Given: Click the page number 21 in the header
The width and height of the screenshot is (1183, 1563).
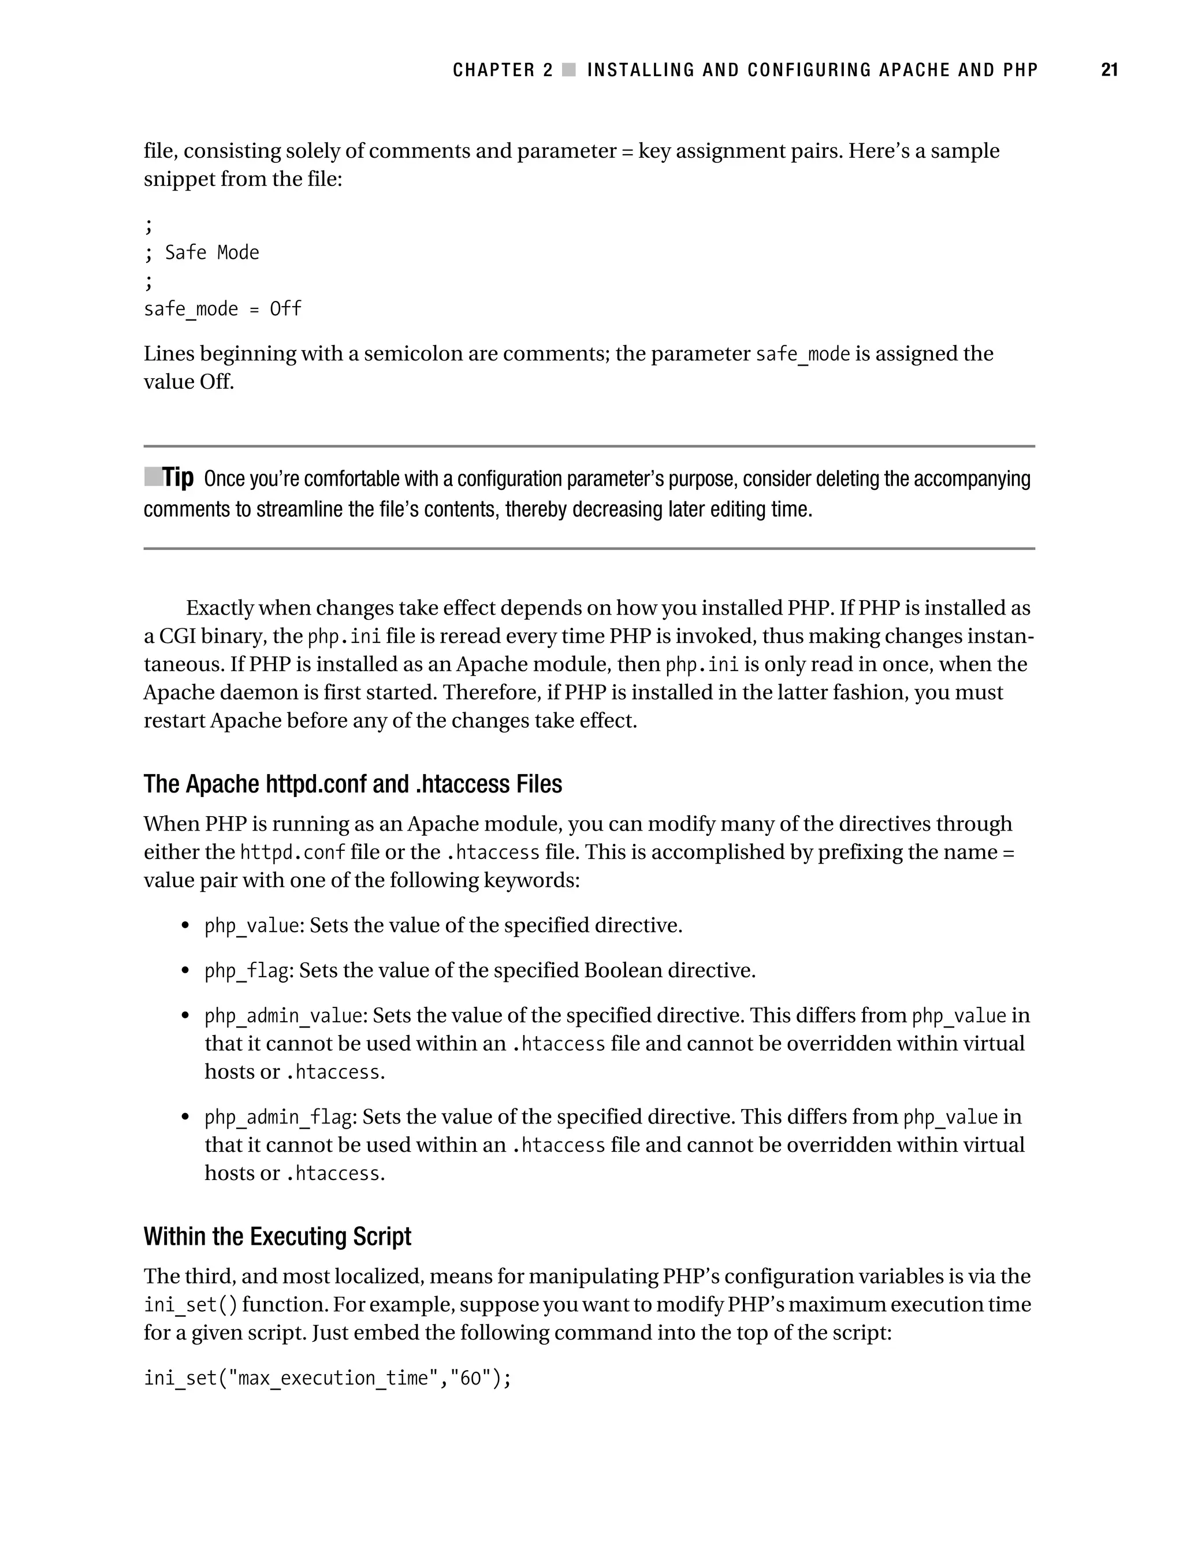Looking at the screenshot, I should (1109, 70).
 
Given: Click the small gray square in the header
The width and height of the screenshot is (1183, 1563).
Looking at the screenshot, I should (569, 70).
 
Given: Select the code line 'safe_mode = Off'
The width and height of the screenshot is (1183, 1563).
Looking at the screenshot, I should (222, 309).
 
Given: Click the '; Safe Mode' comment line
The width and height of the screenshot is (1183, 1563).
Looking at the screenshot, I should (202, 252).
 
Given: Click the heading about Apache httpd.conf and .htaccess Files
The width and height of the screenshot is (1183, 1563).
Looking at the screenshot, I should (352, 784).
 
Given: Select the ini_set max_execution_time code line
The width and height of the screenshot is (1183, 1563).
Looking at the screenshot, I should (327, 1377).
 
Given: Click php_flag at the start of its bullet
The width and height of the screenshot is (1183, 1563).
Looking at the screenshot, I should (247, 971).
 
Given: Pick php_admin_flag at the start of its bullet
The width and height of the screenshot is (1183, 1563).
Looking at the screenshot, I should (278, 1117).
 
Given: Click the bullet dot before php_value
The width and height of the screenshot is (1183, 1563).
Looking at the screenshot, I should (185, 926).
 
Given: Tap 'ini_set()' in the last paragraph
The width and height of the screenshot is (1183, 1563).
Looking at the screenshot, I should (190, 1304).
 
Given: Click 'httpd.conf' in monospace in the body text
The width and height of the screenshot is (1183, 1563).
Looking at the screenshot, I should (292, 852).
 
